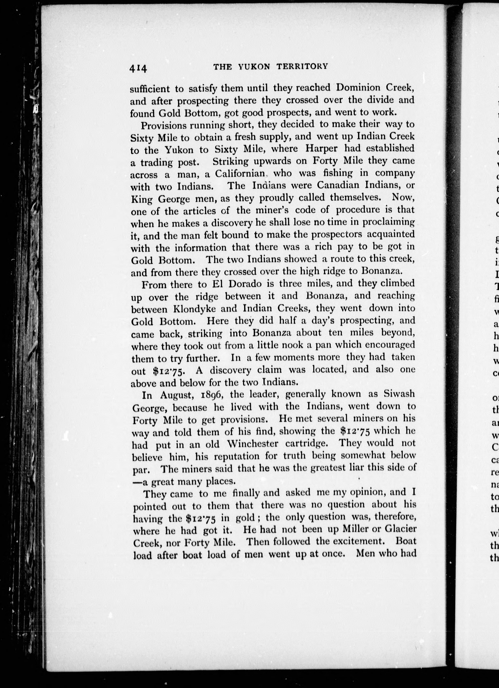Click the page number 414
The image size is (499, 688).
[138, 69]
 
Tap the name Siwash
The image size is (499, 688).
[399, 393]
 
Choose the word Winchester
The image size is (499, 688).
[252, 444]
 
